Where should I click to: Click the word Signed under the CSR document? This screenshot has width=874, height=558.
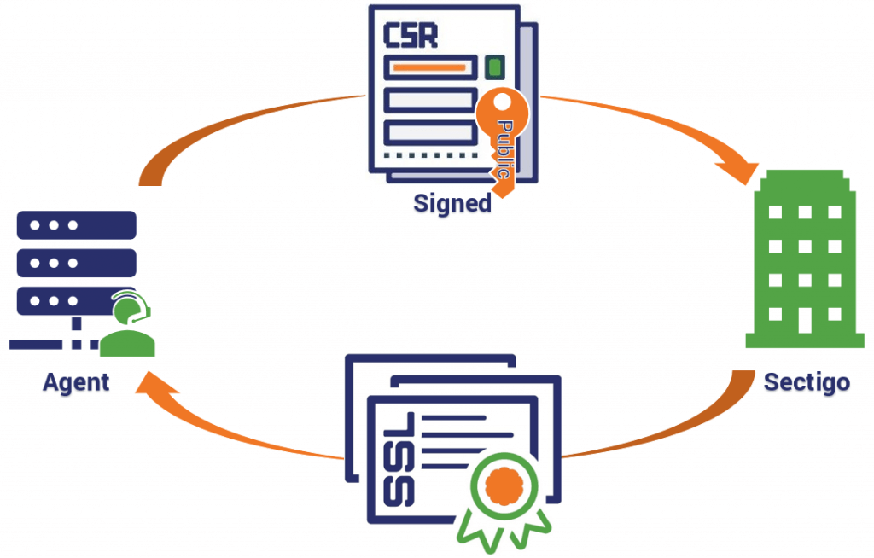click(452, 204)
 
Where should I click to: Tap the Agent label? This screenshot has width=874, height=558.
click(76, 381)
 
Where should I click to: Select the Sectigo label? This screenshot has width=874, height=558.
click(807, 381)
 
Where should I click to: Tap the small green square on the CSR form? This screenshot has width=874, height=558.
click(494, 67)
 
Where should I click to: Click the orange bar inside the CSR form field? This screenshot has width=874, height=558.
click(428, 67)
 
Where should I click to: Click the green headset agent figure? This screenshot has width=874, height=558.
click(127, 328)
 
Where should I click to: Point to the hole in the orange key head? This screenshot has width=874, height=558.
click(501, 105)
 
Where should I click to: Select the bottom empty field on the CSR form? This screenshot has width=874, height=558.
click(430, 131)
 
